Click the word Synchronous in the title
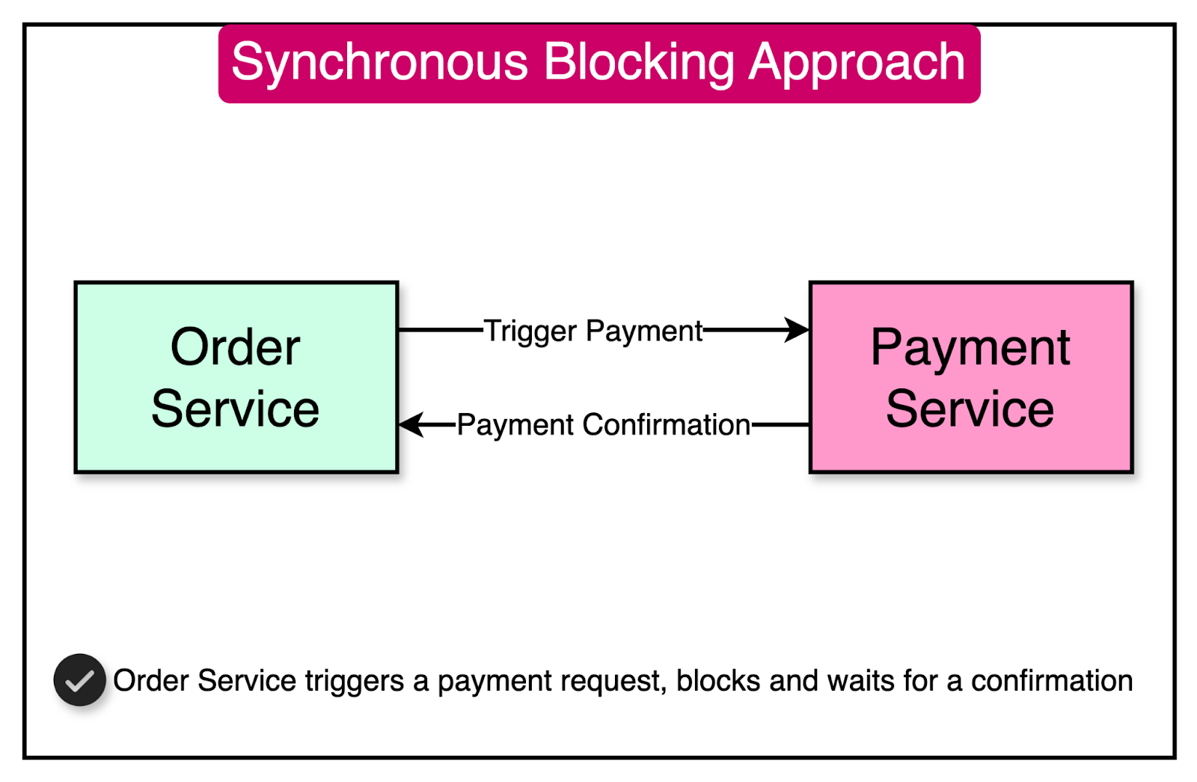(379, 63)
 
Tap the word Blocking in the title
(639, 63)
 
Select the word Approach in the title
(857, 63)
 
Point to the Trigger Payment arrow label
(593, 331)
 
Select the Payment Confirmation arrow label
(603, 425)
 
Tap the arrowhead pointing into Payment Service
(797, 329)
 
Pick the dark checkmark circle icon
(79, 680)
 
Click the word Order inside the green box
(235, 347)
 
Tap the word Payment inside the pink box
(970, 347)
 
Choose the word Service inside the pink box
(970, 409)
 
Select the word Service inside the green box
(235, 409)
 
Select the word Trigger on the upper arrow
(530, 331)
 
